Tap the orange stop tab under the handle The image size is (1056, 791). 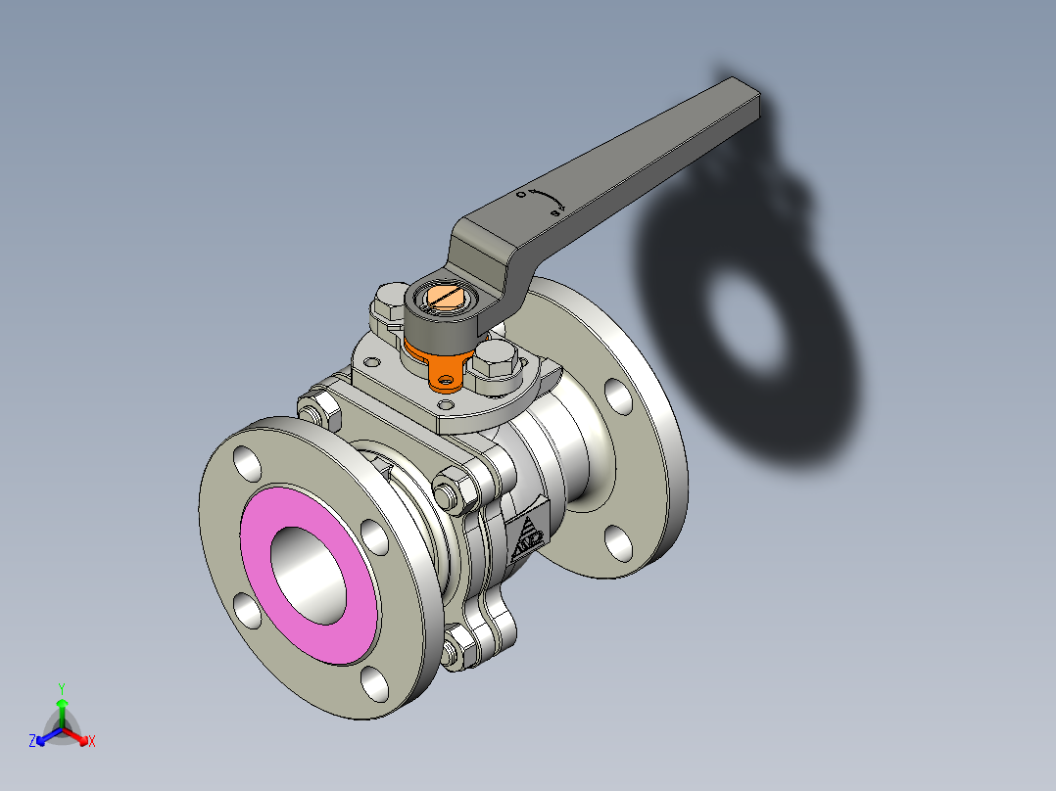pyautogui.click(x=447, y=373)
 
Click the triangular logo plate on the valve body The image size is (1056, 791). pyautogui.click(x=527, y=535)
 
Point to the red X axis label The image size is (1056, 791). pyautogui.click(x=92, y=741)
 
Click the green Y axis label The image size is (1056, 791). pyautogui.click(x=62, y=688)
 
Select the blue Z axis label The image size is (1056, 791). pyautogui.click(x=32, y=741)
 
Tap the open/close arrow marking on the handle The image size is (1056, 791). pyautogui.click(x=543, y=201)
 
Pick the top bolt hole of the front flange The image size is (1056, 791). pyautogui.click(x=247, y=464)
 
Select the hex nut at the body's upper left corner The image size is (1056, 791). pyautogui.click(x=314, y=407)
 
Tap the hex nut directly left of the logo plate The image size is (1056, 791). pyautogui.click(x=451, y=489)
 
